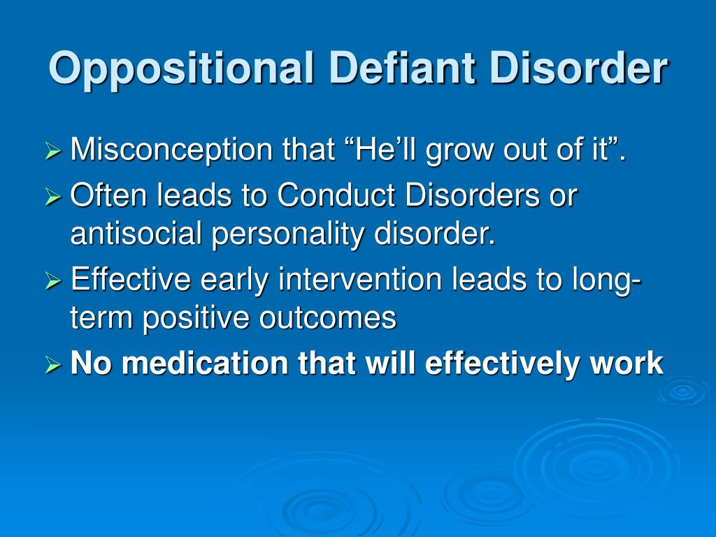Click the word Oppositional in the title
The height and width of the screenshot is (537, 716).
[x=181, y=69]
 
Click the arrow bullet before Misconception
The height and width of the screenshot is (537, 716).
[x=53, y=151]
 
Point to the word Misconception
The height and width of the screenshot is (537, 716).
[x=172, y=150]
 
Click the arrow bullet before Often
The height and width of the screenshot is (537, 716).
[x=53, y=196]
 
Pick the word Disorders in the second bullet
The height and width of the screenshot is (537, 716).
[x=472, y=195]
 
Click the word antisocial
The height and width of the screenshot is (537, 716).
[x=136, y=233]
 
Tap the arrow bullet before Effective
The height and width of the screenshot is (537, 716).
[x=53, y=280]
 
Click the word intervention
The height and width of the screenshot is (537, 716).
[x=360, y=279]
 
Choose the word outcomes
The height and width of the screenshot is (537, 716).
[x=328, y=318]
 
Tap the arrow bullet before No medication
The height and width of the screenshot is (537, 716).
[x=53, y=364]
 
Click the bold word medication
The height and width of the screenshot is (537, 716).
[x=205, y=363]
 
